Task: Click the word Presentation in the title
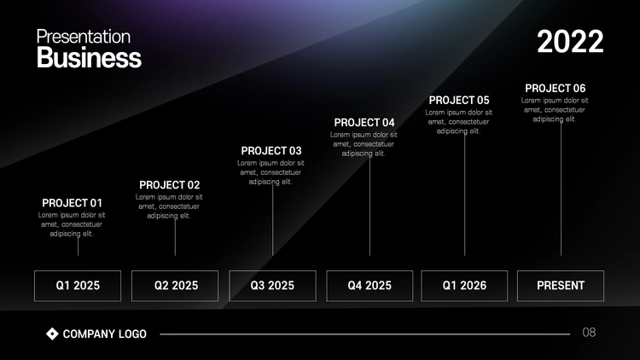click(84, 37)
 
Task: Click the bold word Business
click(89, 57)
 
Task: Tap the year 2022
click(570, 42)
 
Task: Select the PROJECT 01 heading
click(72, 203)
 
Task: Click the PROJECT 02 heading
click(170, 185)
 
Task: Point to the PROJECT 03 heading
click(271, 151)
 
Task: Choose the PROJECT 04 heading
click(364, 123)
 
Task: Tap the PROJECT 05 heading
click(459, 101)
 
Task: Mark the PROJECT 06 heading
click(556, 88)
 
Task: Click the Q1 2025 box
click(78, 286)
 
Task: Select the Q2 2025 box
click(175, 286)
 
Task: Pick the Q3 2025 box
click(273, 286)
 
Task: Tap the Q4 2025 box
click(369, 286)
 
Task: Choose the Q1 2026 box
click(464, 286)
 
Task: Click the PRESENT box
click(561, 286)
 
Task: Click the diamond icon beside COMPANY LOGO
click(52, 334)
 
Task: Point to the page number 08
click(589, 333)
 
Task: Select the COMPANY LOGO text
click(104, 334)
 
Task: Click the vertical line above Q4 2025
click(369, 206)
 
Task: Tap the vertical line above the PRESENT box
click(561, 189)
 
